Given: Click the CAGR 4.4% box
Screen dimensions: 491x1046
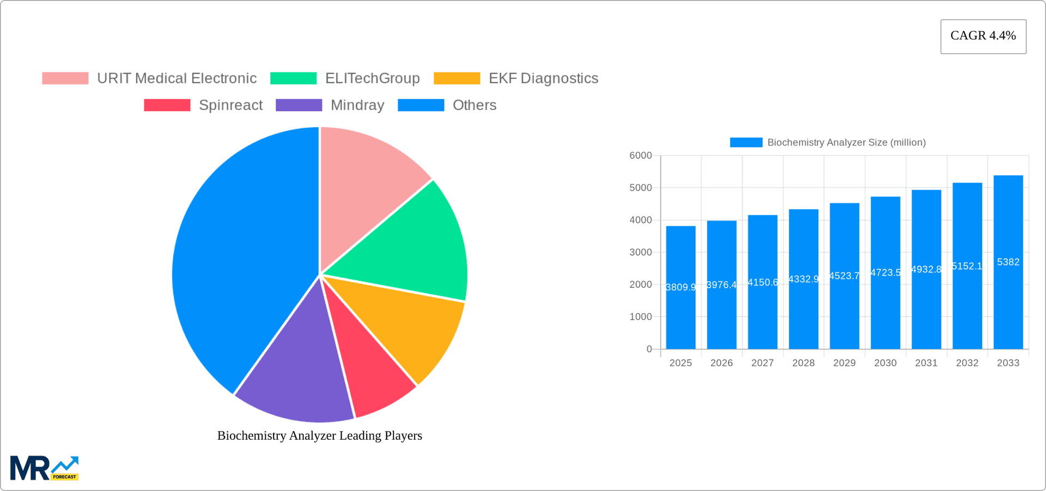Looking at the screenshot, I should (983, 36).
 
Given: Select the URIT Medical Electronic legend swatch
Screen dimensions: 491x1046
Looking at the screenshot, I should (65, 78).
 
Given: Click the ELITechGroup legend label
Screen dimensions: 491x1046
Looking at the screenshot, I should (372, 78).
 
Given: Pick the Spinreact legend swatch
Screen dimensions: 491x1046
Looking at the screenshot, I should (167, 105).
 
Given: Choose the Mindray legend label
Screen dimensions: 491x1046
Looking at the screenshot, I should (357, 105).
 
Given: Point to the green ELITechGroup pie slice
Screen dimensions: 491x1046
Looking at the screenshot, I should (414, 240).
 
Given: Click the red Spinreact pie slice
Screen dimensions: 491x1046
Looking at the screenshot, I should (370, 371).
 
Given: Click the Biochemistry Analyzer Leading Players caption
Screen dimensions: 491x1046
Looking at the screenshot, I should (320, 436).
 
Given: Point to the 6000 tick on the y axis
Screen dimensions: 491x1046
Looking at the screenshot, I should (641, 156).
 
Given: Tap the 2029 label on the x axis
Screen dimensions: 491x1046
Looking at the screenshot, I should (844, 363).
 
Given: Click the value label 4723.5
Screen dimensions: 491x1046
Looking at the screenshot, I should (885, 272).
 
